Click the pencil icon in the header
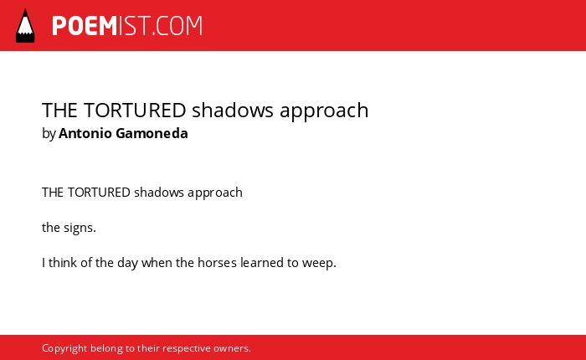click(x=25, y=26)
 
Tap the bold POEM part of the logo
click(x=85, y=26)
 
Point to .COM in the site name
click(x=177, y=26)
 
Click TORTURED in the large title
click(x=135, y=111)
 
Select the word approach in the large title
click(x=324, y=111)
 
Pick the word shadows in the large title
click(x=233, y=111)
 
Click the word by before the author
click(x=49, y=134)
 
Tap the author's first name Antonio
click(x=85, y=133)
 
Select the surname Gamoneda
click(x=152, y=133)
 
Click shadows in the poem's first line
click(x=159, y=193)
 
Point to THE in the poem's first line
click(x=52, y=193)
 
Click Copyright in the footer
click(x=64, y=349)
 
